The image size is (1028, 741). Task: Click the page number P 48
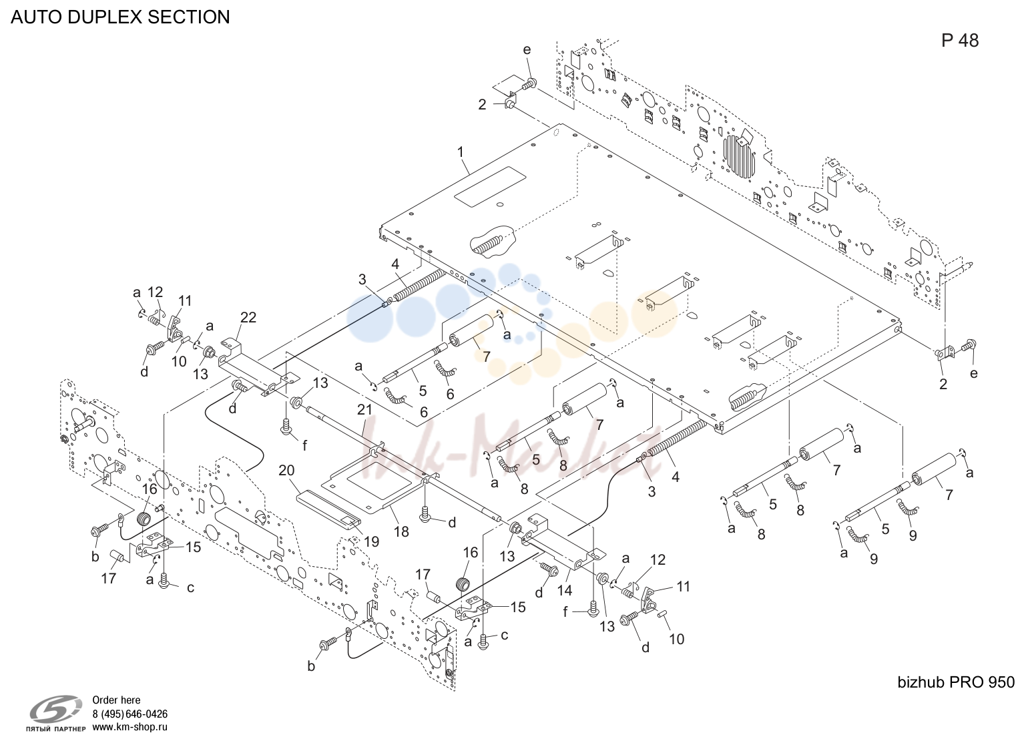pyautogui.click(x=960, y=41)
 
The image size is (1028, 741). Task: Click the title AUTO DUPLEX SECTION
pyautogui.click(x=120, y=17)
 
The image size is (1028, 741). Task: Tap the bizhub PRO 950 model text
pyautogui.click(x=956, y=682)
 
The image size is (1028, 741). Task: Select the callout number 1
pyautogui.click(x=461, y=152)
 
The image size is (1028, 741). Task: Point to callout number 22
pyautogui.click(x=248, y=317)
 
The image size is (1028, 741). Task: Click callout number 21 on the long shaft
pyautogui.click(x=364, y=410)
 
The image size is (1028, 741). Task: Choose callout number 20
pyautogui.click(x=286, y=470)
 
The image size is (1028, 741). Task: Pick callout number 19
pyautogui.click(x=372, y=541)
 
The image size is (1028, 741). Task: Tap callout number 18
pyautogui.click(x=402, y=531)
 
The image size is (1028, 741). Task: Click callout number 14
pyautogui.click(x=565, y=590)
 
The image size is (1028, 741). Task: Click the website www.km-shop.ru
pyautogui.click(x=130, y=727)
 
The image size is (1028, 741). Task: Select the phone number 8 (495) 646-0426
pyautogui.click(x=130, y=714)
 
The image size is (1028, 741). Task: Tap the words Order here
pyautogui.click(x=116, y=700)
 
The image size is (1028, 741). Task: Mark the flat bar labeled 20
pyautogui.click(x=328, y=509)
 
